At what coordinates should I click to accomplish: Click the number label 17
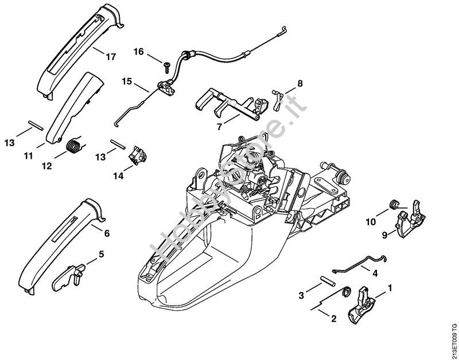111,57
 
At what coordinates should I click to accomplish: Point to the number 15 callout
127,81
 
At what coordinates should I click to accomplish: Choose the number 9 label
385,233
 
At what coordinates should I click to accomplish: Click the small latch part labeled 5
71,273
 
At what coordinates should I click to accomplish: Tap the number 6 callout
107,233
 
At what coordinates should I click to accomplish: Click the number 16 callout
139,52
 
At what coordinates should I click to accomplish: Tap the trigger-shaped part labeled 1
363,304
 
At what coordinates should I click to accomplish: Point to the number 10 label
371,220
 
